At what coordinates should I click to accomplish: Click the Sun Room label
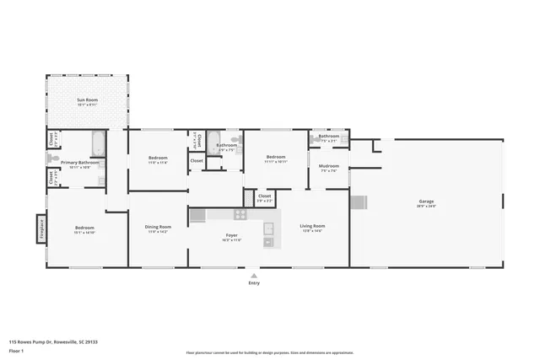88,100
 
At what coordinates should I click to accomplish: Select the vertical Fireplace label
38,228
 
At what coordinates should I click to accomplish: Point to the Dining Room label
159,226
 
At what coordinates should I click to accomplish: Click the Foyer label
231,235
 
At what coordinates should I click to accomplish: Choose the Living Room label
313,226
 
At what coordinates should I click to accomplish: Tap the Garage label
426,201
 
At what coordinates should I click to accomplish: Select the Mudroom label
329,166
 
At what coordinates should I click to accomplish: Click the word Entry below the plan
254,282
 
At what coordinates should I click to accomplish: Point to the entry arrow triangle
254,274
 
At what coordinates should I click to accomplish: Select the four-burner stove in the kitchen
197,215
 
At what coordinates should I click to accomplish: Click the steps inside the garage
359,201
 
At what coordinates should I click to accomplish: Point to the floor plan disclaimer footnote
269,352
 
